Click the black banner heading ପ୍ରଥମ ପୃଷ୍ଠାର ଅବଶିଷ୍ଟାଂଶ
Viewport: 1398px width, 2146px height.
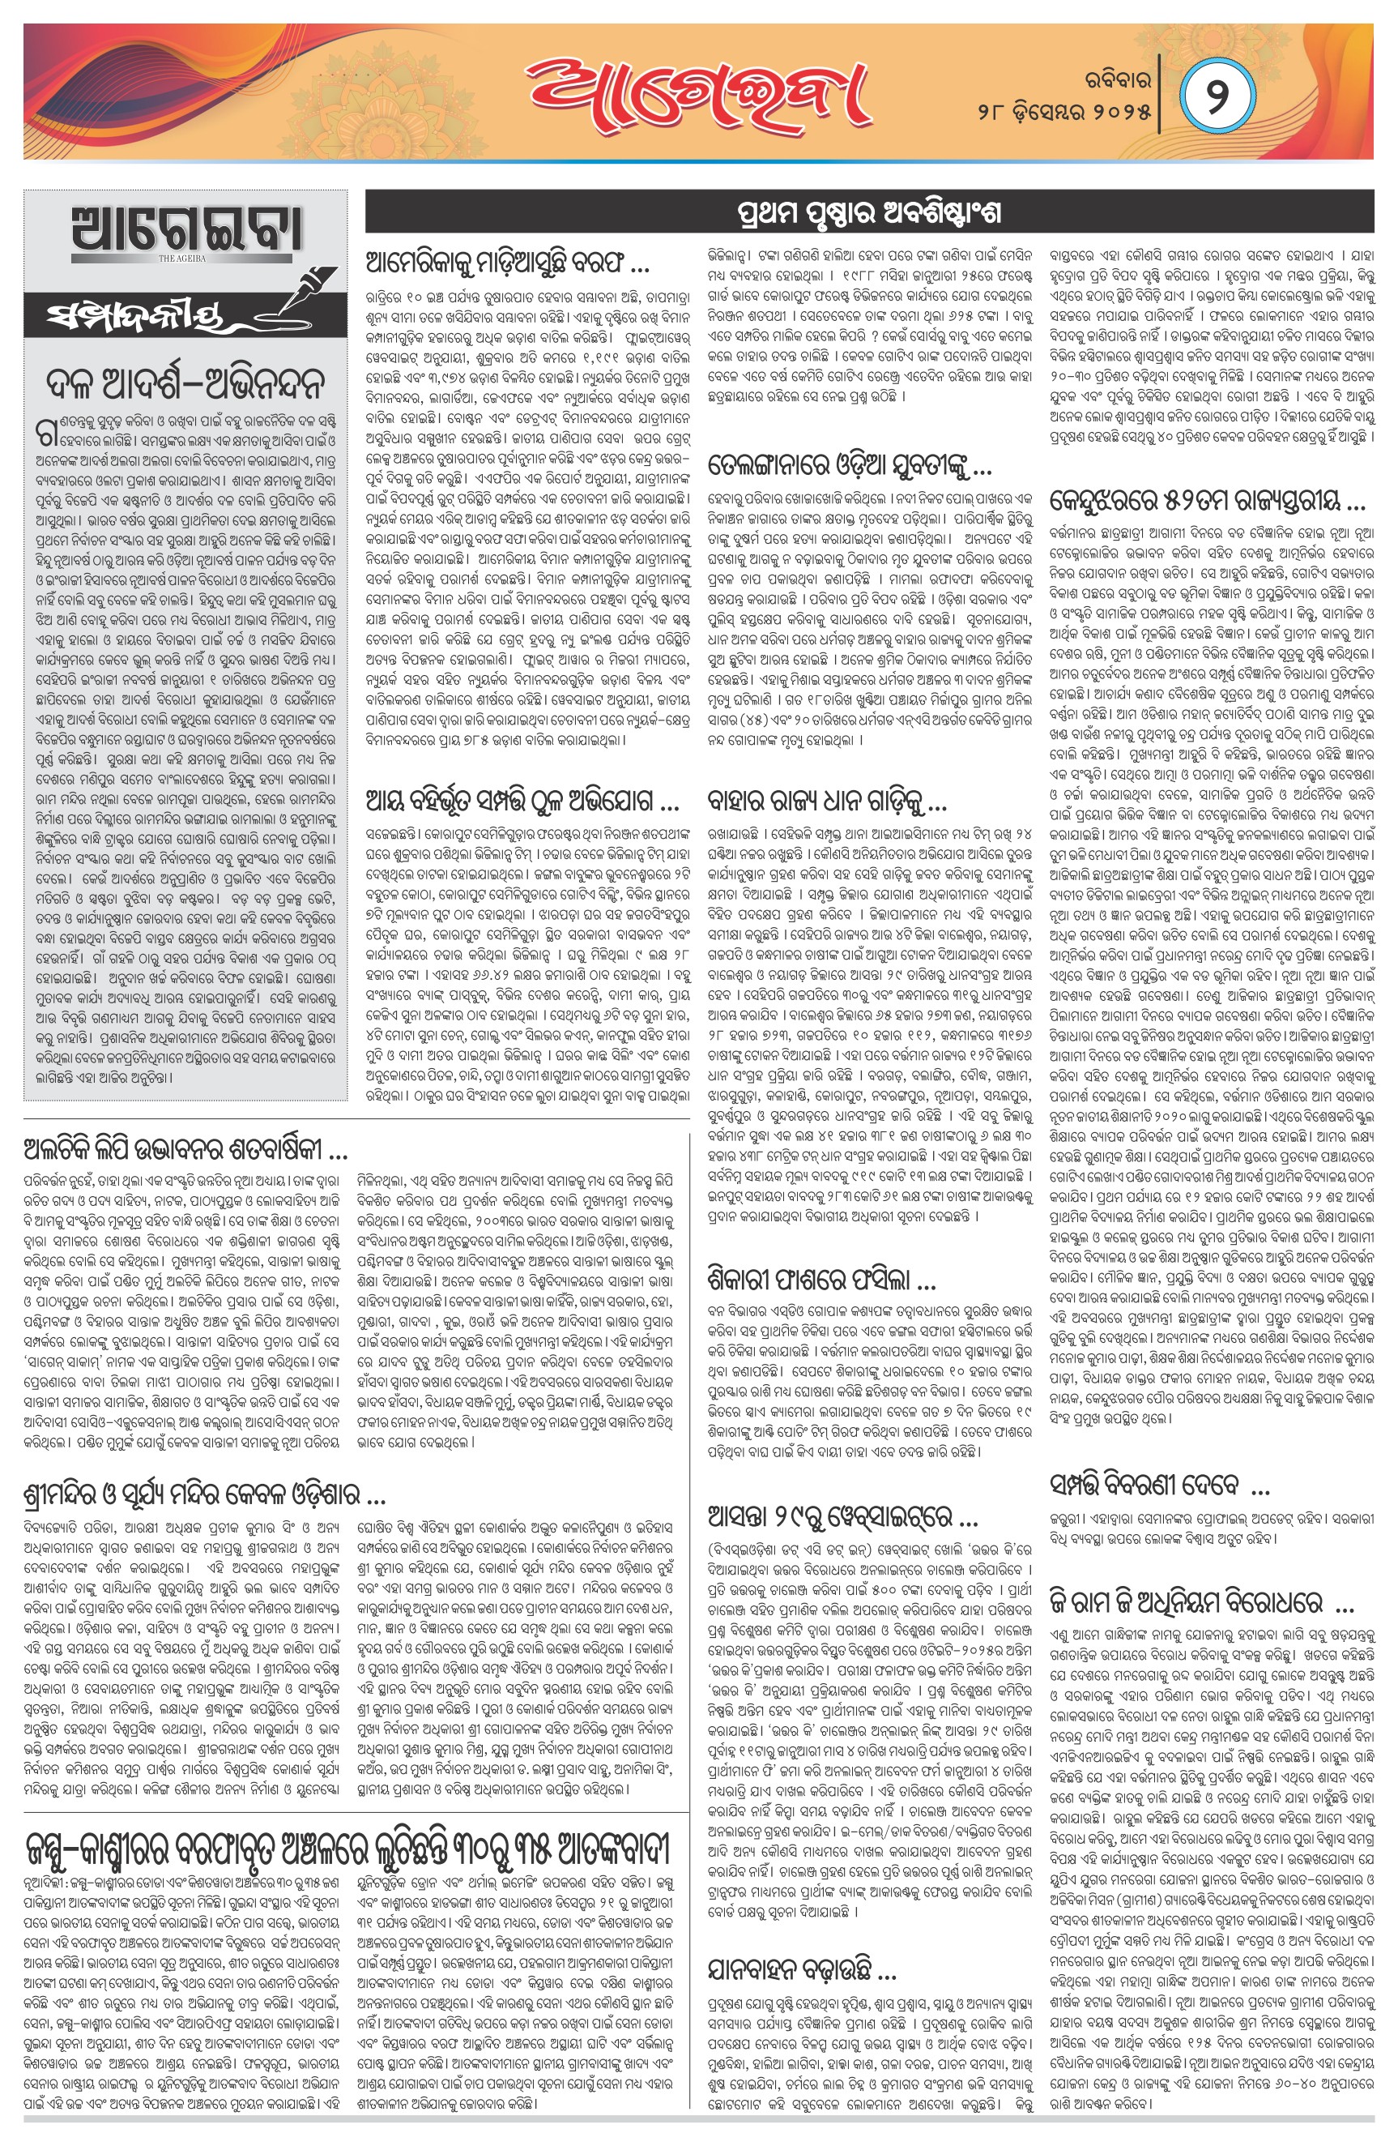(869, 214)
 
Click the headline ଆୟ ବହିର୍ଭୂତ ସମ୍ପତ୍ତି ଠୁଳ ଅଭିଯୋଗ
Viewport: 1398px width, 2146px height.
(522, 800)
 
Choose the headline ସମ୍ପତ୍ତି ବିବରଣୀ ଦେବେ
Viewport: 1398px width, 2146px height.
(1159, 1484)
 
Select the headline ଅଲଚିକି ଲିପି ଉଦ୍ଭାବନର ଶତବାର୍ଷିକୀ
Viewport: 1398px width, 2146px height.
(185, 1151)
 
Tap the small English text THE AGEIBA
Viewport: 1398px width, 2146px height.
(183, 259)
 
